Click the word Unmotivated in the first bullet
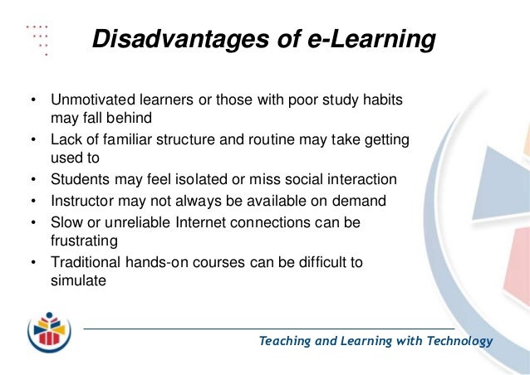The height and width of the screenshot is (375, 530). tap(89, 100)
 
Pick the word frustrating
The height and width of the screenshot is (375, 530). tap(84, 241)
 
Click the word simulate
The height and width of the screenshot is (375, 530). tap(78, 280)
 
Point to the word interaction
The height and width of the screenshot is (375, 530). tap(361, 180)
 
